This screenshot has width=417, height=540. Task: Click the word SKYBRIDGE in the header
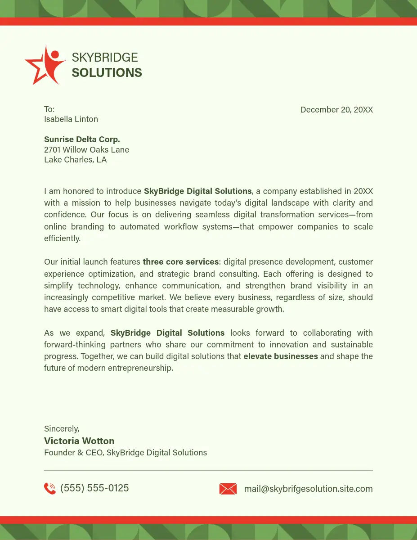coord(105,58)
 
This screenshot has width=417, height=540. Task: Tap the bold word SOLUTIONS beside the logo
coord(107,73)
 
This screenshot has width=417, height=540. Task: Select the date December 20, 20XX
coord(336,110)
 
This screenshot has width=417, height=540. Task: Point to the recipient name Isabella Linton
coord(71,119)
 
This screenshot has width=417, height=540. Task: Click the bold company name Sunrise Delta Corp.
coord(82,139)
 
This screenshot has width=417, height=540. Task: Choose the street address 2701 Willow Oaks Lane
coord(86,150)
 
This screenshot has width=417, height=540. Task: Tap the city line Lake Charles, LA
coord(76,160)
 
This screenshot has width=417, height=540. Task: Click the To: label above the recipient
coord(49,109)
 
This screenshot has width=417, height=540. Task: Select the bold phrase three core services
coord(181,262)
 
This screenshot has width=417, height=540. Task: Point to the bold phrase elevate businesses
coord(281,356)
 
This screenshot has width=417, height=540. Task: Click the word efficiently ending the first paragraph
coord(62,238)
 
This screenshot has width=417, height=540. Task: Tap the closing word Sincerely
coord(62,429)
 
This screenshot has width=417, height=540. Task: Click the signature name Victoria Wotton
coord(79,441)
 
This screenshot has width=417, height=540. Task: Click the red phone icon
coord(50,488)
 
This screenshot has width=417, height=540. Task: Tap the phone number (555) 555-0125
coord(94,488)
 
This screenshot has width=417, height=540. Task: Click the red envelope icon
coord(228,489)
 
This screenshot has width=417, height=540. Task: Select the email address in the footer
coord(308,489)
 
